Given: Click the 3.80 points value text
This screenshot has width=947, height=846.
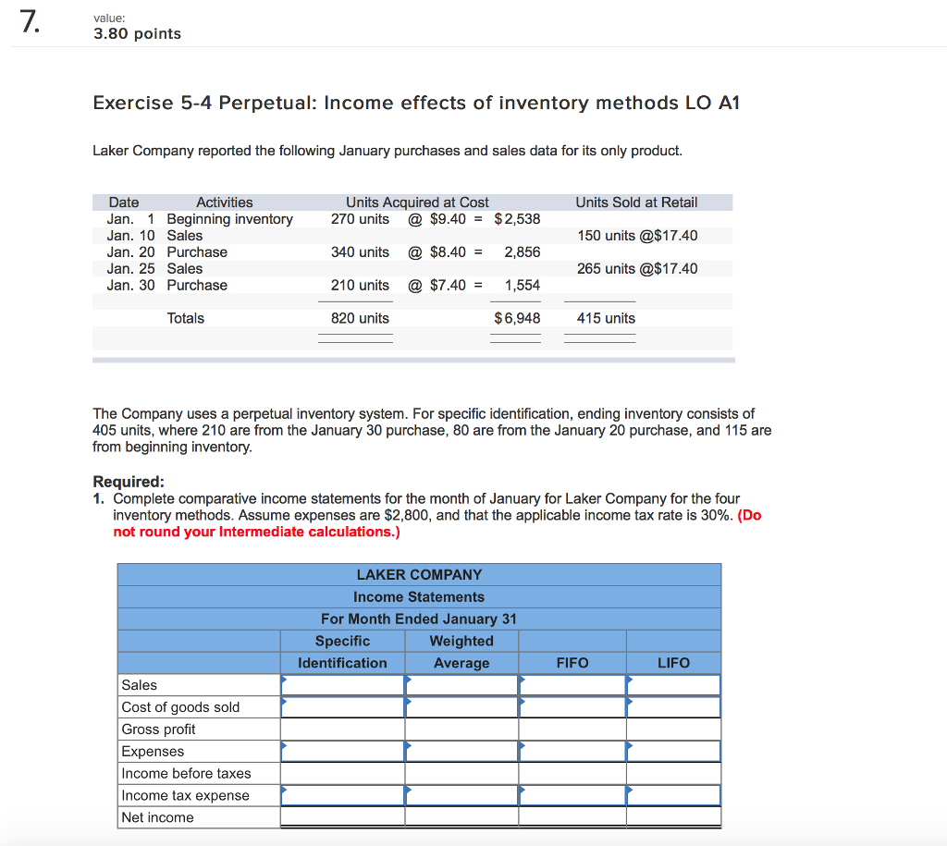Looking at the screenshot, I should tap(137, 34).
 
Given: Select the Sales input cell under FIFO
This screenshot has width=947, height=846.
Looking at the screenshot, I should tap(572, 685).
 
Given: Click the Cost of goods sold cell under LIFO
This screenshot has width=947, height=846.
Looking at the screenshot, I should tap(673, 707).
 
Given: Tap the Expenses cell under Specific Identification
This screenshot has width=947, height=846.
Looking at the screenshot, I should tap(342, 752).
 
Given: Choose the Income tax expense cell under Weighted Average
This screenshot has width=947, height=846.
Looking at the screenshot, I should tap(461, 795).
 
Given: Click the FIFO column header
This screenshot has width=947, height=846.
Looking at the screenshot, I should tap(572, 663).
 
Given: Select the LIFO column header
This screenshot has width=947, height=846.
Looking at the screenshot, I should tap(673, 663).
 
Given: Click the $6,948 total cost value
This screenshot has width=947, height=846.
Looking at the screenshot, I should tap(518, 318).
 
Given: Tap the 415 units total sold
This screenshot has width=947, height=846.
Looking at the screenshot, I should tap(606, 318).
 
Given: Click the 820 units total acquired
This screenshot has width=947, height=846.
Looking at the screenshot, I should tap(360, 318).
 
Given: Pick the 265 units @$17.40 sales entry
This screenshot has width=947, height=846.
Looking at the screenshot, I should tap(637, 269).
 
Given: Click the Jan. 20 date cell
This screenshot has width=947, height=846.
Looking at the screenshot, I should tap(130, 252).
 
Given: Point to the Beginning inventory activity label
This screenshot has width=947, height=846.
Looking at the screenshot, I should tap(229, 219).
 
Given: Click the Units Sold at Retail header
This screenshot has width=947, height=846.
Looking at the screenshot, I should tap(636, 202).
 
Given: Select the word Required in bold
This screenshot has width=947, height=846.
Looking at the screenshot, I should tap(128, 482).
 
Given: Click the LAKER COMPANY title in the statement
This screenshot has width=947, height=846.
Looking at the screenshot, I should tap(419, 575).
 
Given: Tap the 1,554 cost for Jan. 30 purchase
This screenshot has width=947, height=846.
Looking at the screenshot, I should tap(523, 286).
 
